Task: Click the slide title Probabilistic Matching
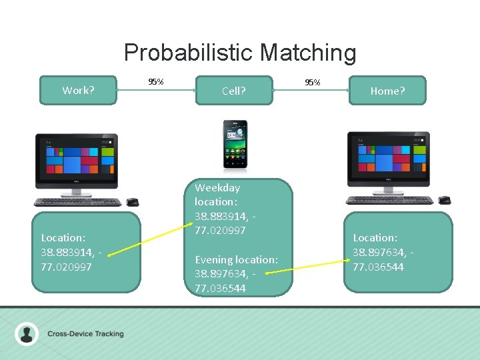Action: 240,53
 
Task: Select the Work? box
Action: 78,90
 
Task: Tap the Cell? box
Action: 233,91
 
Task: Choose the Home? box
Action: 387,91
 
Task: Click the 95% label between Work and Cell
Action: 156,82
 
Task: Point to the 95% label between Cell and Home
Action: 312,83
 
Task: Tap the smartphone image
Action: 235,144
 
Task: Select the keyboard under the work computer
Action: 78,202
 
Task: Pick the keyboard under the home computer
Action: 390,200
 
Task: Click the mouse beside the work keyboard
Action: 133,202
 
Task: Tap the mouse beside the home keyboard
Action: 444,200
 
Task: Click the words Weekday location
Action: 217,194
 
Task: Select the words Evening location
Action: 236,259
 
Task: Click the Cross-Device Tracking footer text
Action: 85,333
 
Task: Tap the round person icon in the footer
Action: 27,333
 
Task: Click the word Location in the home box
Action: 375,237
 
